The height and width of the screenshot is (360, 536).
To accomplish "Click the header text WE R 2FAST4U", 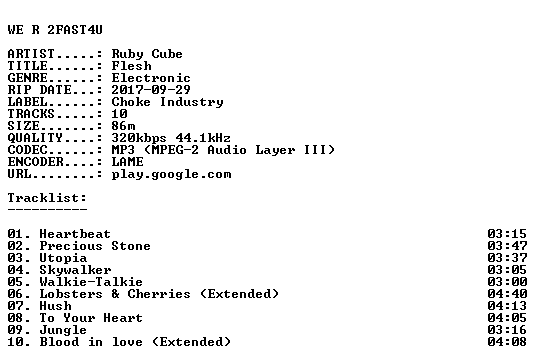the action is click(x=55, y=30).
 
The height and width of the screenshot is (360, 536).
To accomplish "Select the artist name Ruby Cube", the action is click(x=147, y=54).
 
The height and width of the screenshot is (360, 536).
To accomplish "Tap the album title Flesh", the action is click(x=132, y=66).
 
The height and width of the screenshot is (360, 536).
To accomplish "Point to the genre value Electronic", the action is click(x=151, y=78).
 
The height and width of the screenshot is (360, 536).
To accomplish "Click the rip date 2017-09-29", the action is click(x=151, y=90).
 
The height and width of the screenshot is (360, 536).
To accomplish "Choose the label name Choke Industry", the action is click(x=168, y=102).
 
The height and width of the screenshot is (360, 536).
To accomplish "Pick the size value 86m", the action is click(x=123, y=126).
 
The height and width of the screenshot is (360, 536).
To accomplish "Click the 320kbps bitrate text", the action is click(x=139, y=138).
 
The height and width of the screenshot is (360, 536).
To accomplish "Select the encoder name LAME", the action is click(x=128, y=162).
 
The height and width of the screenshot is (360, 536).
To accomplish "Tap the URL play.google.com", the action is click(x=172, y=175).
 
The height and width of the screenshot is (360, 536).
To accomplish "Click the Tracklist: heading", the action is click(x=48, y=198).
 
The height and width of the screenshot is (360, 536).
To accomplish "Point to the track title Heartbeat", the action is click(x=75, y=234).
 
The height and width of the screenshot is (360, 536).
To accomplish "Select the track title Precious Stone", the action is click(x=95, y=246).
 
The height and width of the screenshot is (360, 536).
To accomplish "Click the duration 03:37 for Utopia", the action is click(x=507, y=258).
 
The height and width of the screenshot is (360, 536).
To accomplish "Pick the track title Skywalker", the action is click(x=75, y=270).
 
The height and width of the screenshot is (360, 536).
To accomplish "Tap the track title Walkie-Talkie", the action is click(x=91, y=282).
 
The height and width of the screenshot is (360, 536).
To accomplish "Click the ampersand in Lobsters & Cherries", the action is click(x=116, y=294).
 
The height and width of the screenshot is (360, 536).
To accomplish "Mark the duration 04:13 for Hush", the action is click(x=507, y=306).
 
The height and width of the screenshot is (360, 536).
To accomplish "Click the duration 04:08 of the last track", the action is click(x=507, y=342).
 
